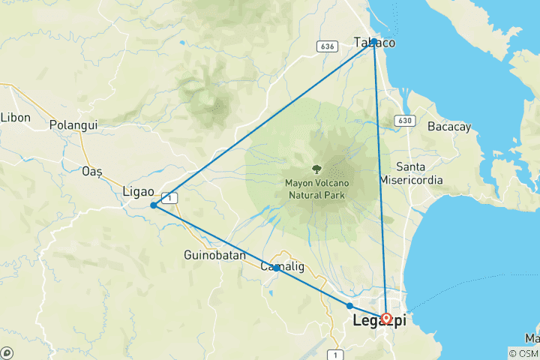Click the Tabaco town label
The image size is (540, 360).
pos(374,43)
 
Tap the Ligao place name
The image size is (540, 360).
pos(138,192)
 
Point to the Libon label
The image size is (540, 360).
pos(15,117)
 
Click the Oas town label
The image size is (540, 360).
pos(91,171)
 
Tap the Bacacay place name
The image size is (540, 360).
pos(448,127)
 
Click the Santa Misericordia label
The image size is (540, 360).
pos(421,173)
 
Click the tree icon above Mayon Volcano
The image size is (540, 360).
pos(315,168)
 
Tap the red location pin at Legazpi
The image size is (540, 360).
pos(386,319)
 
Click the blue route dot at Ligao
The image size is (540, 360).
pos(153,205)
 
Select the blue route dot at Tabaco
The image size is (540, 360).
pos(373,41)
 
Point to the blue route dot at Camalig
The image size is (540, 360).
pos(277,268)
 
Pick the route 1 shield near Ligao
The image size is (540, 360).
pos(173,197)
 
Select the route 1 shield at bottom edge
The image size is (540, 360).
pos(335,354)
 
